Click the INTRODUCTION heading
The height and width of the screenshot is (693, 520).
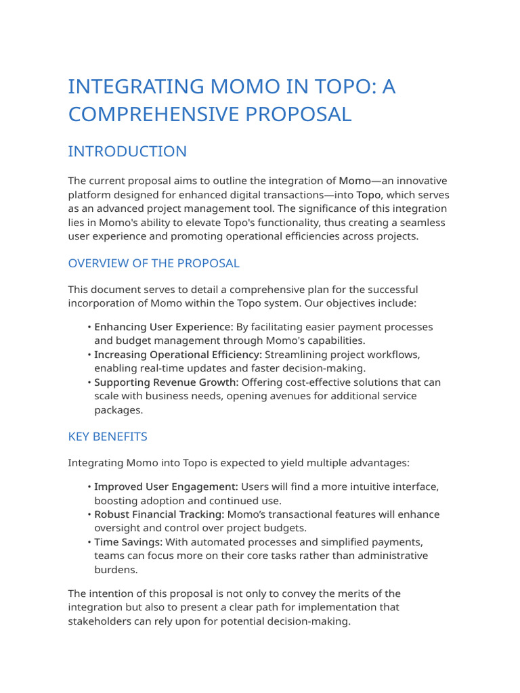pyautogui.click(x=127, y=152)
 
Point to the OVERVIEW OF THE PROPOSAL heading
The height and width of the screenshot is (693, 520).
pyautogui.click(x=154, y=263)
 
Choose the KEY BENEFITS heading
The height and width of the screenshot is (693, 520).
pyautogui.click(x=108, y=437)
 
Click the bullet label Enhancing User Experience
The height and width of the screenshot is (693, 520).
pyautogui.click(x=163, y=327)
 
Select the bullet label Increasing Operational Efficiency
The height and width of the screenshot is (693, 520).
pyautogui.click(x=177, y=355)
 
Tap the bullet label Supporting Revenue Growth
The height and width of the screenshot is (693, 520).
pyautogui.click(x=166, y=382)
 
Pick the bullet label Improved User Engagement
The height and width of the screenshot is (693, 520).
pyautogui.click(x=166, y=487)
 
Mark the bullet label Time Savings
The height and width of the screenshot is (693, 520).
pyautogui.click(x=127, y=542)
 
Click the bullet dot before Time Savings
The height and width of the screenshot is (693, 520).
pyautogui.click(x=89, y=542)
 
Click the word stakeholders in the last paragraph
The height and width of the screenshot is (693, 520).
pyautogui.click(x=100, y=621)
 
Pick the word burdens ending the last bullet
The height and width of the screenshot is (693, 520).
pyautogui.click(x=114, y=569)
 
